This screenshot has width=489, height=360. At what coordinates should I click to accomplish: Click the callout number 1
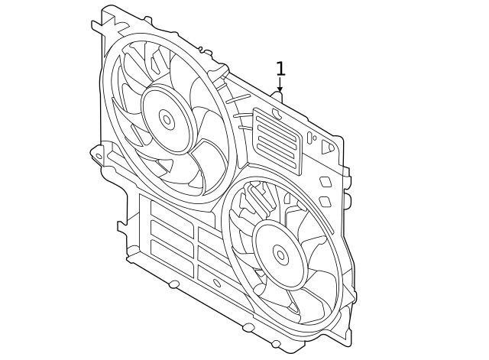pos(280,69)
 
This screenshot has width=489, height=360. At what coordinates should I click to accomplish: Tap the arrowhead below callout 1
pos(280,89)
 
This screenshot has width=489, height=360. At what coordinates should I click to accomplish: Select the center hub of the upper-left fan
pos(166,118)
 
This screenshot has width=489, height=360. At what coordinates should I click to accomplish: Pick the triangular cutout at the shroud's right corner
pos(328,146)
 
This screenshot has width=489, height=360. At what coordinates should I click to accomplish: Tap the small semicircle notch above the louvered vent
pos(277,114)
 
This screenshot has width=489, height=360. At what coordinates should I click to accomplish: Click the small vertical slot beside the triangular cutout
pos(311,138)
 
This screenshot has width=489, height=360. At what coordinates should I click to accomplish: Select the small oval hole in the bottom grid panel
pos(217,283)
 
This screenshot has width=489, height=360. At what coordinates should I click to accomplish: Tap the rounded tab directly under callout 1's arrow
pos(277,97)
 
